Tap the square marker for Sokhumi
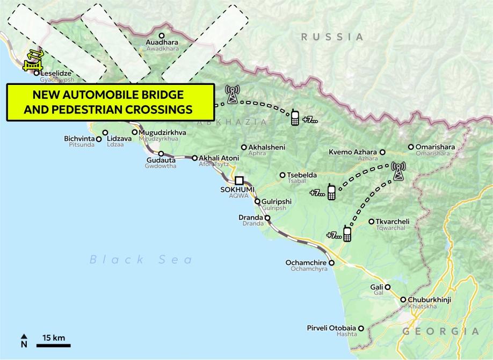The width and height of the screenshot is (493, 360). point(239,181)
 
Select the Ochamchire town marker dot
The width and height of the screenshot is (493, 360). point(331,263)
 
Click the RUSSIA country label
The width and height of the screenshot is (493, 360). point(332,37)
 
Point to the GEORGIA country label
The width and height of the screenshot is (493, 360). point(440,331)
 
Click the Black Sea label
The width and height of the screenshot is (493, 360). point(141,260)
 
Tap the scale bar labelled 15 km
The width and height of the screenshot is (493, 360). point(53,344)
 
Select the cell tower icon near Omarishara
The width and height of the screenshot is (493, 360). point(398,171)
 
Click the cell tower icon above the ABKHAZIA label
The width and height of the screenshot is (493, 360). point(233,94)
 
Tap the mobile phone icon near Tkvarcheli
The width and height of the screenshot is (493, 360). point(347,234)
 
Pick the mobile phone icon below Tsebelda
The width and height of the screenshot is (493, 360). point(331,192)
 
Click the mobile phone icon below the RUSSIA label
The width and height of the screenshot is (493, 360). point(295,118)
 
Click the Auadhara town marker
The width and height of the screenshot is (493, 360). point(161,35)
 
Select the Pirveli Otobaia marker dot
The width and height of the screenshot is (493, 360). point(361,328)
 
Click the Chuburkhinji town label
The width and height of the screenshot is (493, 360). point(431,300)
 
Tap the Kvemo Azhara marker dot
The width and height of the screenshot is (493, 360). point(382,153)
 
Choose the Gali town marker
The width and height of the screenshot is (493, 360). point(387,287)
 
